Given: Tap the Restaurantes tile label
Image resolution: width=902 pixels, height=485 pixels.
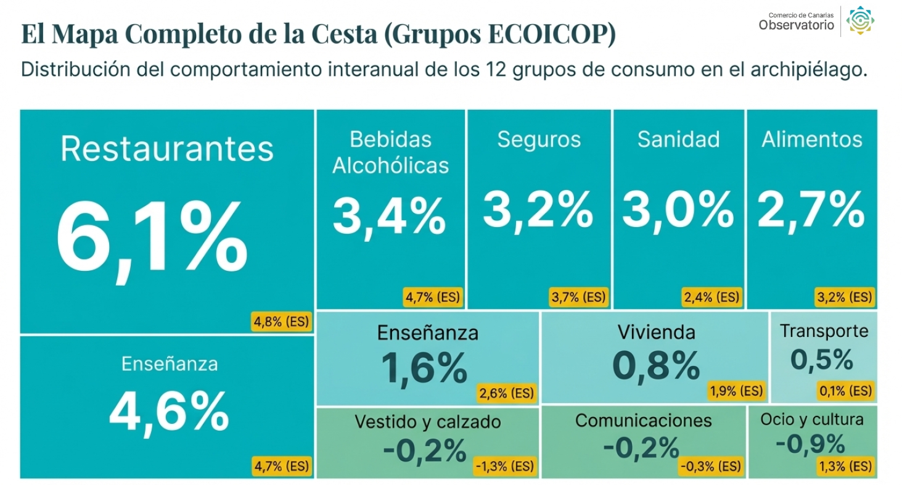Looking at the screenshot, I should pos(167,149).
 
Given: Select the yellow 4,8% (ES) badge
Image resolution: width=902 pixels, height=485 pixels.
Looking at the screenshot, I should pos(281,321).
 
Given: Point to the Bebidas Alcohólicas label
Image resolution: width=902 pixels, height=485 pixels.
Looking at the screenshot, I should pos(391,152).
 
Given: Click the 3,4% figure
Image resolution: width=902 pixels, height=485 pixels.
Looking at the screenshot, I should pos(390,215).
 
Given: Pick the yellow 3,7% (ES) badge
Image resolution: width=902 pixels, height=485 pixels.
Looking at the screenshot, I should pos(578,297).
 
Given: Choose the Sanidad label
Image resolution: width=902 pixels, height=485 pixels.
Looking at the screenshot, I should pos(678,139).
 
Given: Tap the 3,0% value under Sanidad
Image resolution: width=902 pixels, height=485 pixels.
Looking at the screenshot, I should pos(678,210).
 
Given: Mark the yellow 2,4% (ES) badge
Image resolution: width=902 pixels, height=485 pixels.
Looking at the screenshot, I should pos(711,297).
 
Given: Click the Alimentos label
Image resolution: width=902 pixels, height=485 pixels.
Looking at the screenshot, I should pos(811,139).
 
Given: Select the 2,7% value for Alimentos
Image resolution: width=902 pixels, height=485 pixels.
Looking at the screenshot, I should pos(811,210).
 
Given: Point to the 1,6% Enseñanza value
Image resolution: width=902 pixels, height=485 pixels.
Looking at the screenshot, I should pos(424,368).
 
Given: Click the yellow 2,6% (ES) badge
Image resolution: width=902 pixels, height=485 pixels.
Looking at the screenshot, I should pos(506,392).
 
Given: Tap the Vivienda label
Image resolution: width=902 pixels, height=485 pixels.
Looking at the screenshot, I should pos(656,333).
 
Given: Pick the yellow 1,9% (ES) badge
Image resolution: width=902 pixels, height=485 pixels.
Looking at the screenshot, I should pos(736,391).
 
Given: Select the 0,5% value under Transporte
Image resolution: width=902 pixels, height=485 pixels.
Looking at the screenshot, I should pos(821,360).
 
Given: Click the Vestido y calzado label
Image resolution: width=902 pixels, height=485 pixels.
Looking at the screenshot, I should pos(428,422).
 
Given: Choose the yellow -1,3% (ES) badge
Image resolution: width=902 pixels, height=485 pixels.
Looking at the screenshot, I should pos(504,466).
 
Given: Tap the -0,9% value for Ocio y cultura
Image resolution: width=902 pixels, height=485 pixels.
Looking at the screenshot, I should pos(810,444).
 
